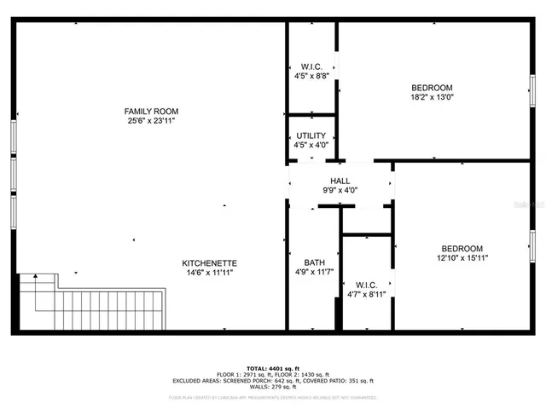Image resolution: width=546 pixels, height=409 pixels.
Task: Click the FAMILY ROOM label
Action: [151, 111]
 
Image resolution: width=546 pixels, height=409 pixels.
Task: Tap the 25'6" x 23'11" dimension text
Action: [151, 121]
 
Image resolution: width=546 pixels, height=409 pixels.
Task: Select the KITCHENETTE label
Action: [209, 262]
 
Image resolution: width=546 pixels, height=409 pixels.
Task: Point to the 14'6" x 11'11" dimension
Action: [209, 273]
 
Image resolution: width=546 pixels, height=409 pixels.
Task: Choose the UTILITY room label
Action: [311, 136]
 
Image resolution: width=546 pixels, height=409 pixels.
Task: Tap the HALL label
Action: [340, 181]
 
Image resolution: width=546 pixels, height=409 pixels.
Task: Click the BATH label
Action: [314, 262]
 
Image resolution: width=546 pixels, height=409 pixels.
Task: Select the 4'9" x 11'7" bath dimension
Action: [314, 273]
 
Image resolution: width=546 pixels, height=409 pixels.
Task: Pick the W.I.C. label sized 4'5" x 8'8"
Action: [311, 66]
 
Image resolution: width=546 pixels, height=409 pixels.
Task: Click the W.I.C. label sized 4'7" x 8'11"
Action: [367, 284]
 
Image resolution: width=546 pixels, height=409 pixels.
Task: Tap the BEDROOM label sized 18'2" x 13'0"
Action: [432, 88]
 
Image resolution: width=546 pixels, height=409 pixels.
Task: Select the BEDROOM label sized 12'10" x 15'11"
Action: [462, 248]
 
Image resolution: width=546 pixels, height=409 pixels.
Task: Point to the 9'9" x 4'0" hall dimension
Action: [340, 191]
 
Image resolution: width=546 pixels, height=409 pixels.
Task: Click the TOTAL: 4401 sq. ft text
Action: [272, 367]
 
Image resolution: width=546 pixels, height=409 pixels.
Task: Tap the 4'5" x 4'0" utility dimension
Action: [311, 146]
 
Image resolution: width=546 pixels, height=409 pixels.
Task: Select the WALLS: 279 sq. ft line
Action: [272, 388]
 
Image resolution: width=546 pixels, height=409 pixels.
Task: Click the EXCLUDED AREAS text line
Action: [272, 381]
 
